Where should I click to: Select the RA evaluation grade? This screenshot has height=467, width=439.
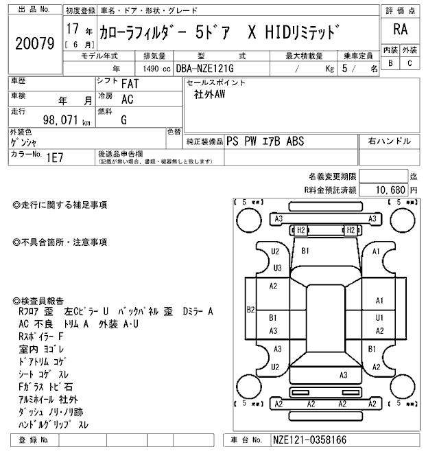click(400, 30)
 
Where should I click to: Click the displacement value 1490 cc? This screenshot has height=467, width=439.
click(159, 69)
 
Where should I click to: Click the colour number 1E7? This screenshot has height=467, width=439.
click(54, 157)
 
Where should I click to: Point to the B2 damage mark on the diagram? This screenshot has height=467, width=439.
click(251, 310)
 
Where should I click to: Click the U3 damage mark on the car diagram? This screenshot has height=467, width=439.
click(277, 268)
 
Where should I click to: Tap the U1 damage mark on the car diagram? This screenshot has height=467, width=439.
click(379, 318)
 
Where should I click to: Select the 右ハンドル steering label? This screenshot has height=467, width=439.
click(390, 141)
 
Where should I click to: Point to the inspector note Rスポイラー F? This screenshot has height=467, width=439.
click(41, 337)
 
